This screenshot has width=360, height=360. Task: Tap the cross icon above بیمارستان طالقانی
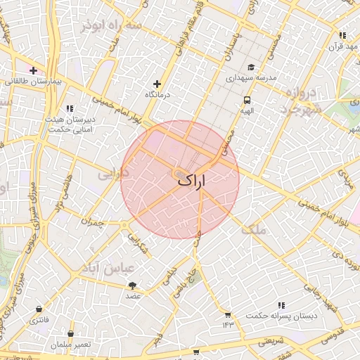coord(33,70)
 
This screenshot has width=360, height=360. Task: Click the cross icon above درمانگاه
coord(157,84)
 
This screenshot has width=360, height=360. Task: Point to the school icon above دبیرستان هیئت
coord(69,108)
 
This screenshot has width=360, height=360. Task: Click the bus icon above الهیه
coord(247,100)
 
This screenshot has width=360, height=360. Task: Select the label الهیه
coord(247,110)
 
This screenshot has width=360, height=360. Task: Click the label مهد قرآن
coord(342,46)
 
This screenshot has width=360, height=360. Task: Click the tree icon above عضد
coord(133,285)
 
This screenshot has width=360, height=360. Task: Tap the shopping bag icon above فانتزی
coord(38,309)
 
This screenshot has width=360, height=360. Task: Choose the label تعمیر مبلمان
coord(70,345)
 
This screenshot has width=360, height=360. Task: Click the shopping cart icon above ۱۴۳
coord(228,314)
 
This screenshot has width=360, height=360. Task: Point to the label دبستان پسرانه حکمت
coord(281,316)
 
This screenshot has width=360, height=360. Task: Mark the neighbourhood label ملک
coord(254,229)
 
